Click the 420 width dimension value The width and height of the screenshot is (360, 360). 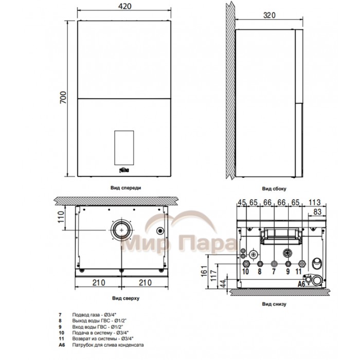(124, 6)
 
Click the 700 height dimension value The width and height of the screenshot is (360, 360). (63, 97)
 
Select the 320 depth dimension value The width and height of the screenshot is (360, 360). (269, 15)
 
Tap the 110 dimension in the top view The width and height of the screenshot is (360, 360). (61, 217)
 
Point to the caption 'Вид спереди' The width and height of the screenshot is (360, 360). (125, 188)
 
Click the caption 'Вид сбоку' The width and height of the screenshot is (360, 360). (274, 189)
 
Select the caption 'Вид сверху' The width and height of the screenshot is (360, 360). (125, 298)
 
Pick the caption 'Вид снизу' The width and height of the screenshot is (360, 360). (274, 304)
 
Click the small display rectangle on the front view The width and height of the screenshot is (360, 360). (124, 148)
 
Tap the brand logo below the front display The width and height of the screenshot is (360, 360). (124, 170)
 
